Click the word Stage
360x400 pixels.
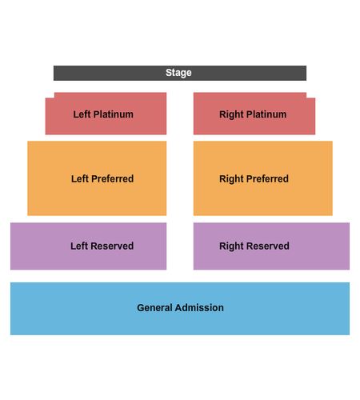click(x=178, y=73)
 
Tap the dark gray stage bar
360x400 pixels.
click(x=180, y=73)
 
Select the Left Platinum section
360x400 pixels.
click(x=106, y=114)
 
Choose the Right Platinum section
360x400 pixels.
click(x=254, y=114)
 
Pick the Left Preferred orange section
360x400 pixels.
click(x=97, y=178)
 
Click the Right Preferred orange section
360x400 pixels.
click(x=263, y=178)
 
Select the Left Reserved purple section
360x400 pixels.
click(x=88, y=246)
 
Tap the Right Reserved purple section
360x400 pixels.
click(x=271, y=246)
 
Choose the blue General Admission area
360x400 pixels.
click(x=180, y=309)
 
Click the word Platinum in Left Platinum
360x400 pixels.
click(x=114, y=114)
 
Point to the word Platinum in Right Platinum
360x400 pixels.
click(x=266, y=114)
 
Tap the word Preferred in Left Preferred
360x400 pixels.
click(x=112, y=178)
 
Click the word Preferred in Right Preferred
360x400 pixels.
click(x=267, y=178)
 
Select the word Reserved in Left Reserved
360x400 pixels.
click(x=112, y=246)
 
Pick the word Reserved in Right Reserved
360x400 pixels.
click(x=268, y=246)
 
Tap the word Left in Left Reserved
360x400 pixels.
click(x=79, y=246)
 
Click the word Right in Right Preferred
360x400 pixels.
click(x=231, y=179)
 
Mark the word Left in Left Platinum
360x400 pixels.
click(x=82, y=114)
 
